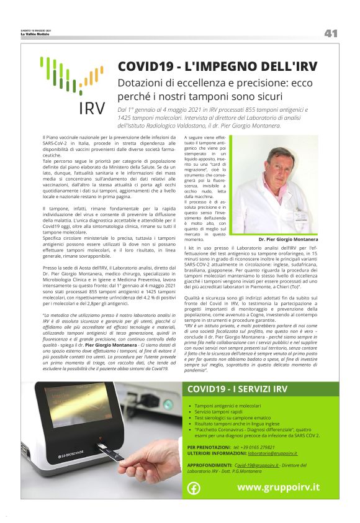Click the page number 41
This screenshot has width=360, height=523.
pyautogui.click(x=330, y=34)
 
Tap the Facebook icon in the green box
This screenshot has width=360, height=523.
pyautogui.click(x=194, y=488)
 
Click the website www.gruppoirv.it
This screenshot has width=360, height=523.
pyautogui.click(x=278, y=487)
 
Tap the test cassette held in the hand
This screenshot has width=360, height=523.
pyautogui.click(x=106, y=458)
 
